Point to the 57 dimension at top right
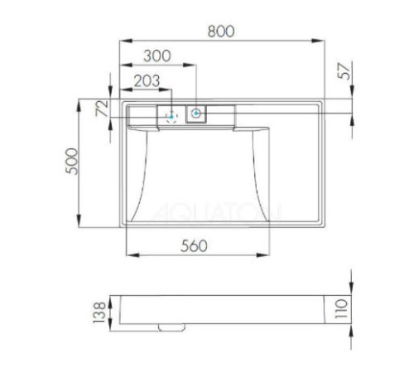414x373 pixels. [x=347, y=71]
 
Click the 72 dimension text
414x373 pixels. [x=103, y=109]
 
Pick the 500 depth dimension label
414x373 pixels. [x=73, y=162]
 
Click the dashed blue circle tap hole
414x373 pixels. [x=171, y=115]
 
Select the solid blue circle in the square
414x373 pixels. [x=196, y=114]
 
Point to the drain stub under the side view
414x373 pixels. [x=171, y=327]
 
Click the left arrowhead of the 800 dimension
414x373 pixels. [x=123, y=39]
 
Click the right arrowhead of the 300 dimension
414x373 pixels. [x=195, y=65]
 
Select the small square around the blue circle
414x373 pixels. [x=196, y=114]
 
